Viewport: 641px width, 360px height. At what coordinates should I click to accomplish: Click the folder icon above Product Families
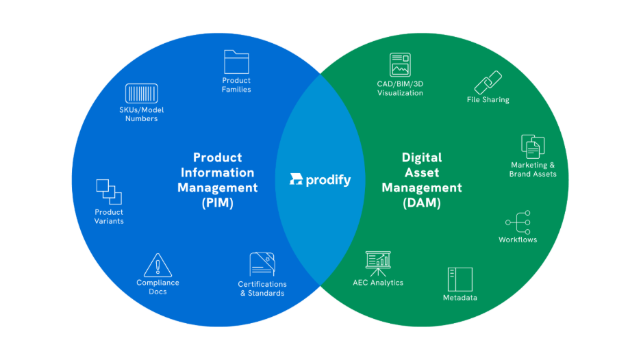click(237, 62)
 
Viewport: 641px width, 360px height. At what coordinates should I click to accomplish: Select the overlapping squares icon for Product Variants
click(109, 192)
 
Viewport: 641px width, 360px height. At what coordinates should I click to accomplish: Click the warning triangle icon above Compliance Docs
click(158, 265)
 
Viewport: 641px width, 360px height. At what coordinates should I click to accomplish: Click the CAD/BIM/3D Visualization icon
click(400, 65)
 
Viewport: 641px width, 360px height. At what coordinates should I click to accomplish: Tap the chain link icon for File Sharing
click(488, 83)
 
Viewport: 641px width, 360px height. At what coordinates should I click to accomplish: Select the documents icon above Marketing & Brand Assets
click(533, 146)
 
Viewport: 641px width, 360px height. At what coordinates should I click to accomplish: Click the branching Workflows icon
click(518, 222)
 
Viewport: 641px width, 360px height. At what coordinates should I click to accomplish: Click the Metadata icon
click(460, 279)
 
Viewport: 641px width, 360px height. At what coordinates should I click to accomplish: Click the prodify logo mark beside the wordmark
click(296, 180)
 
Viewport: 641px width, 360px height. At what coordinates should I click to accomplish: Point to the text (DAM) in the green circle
click(422, 203)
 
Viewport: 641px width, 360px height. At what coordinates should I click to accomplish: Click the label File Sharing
click(488, 100)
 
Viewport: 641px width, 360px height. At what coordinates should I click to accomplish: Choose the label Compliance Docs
click(158, 287)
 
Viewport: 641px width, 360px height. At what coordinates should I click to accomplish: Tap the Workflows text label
click(518, 240)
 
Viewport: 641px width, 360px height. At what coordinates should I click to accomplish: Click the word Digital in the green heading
click(422, 157)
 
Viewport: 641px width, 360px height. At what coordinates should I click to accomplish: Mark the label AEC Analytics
click(378, 283)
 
